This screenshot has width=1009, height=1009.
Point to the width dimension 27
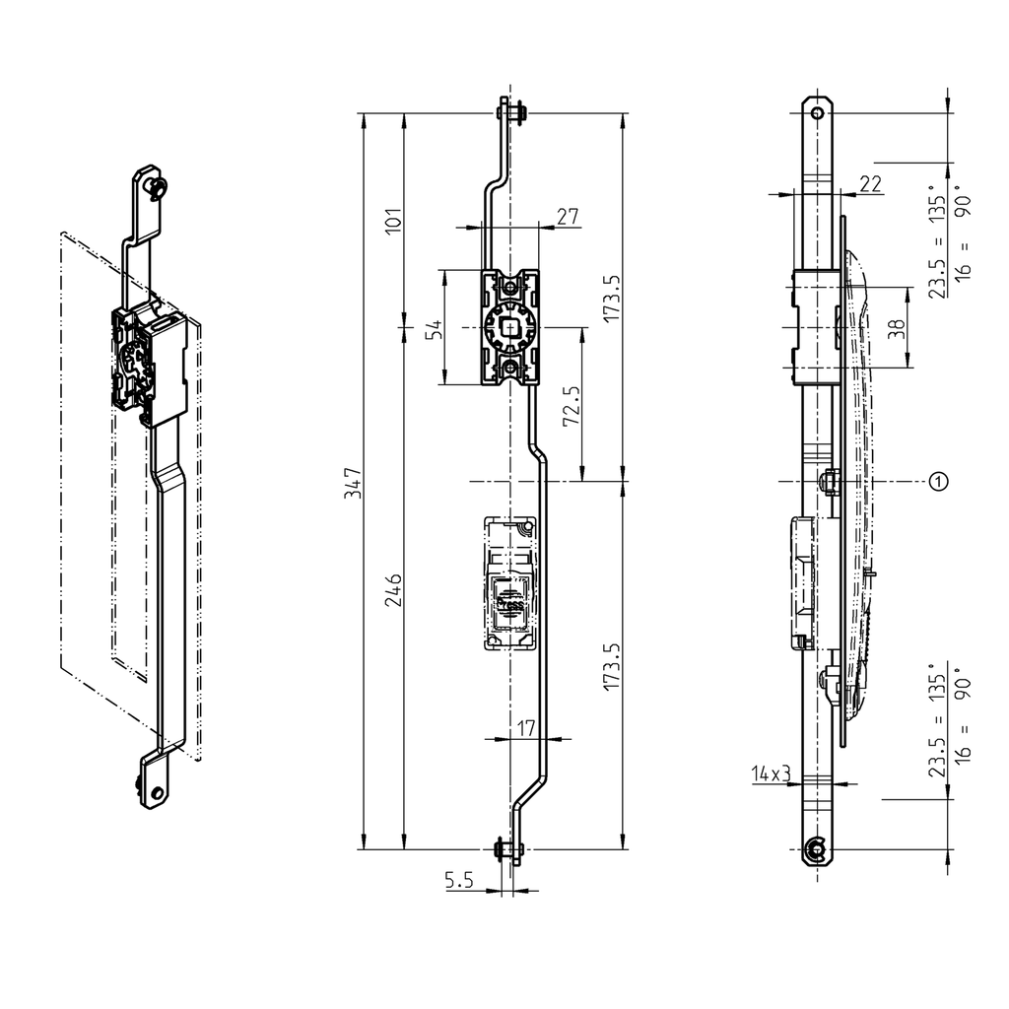[568, 217]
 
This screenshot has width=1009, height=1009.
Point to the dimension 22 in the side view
[870, 183]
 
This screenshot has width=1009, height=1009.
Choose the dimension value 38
[896, 328]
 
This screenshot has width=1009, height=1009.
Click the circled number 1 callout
[939, 481]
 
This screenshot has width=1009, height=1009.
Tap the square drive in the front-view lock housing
[510, 328]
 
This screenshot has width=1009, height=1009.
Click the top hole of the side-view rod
[816, 113]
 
